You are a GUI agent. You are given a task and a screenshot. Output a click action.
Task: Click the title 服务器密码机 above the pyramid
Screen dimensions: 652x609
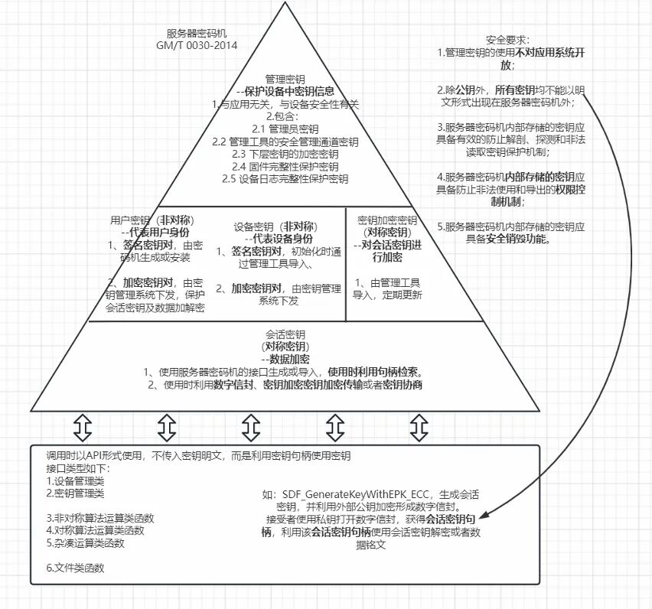tap(197, 34)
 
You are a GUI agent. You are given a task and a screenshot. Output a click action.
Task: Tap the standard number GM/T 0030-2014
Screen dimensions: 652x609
tap(197, 45)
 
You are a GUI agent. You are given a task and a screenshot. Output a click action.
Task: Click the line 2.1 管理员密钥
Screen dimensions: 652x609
tap(285, 129)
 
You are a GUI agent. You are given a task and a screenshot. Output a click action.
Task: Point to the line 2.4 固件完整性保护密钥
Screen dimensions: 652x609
tap(285, 166)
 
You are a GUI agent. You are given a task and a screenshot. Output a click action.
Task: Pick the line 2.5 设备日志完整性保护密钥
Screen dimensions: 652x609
tap(285, 178)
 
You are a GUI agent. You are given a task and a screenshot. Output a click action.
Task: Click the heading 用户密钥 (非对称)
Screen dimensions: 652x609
tap(149, 220)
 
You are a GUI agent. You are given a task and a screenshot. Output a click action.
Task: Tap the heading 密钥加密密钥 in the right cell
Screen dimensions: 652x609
tap(386, 220)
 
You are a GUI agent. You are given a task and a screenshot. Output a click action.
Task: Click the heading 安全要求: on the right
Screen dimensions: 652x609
tap(507, 39)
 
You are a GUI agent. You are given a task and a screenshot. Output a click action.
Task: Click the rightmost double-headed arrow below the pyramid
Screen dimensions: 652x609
tap(418, 427)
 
